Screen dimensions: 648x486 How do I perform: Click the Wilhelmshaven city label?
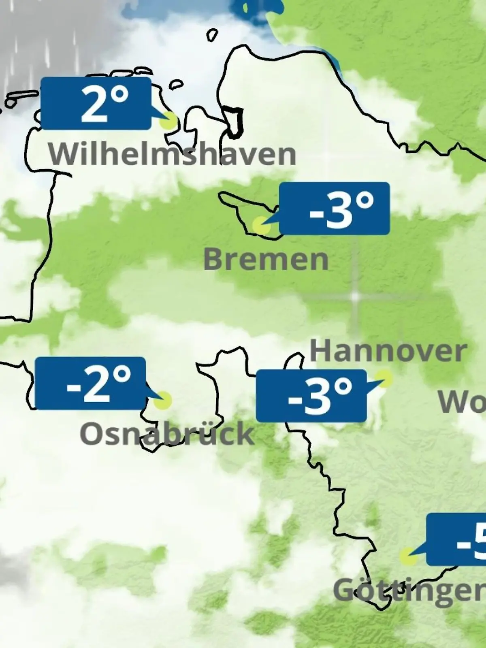[x=172, y=154]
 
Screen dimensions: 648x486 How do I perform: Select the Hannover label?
[x=388, y=351]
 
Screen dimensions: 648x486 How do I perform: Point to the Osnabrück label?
[x=167, y=434]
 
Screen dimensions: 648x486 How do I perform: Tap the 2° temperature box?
[x=96, y=103]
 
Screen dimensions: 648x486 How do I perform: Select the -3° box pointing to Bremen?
[x=335, y=208]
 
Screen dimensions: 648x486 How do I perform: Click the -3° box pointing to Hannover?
[x=311, y=396]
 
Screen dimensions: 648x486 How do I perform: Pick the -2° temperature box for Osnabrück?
[x=90, y=383]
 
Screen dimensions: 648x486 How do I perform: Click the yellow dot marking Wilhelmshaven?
[x=169, y=121]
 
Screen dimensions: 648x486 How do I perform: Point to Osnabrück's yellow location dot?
[x=163, y=401]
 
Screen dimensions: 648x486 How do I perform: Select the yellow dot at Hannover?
[x=385, y=379]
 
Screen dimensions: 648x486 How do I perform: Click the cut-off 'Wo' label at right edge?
[x=462, y=402]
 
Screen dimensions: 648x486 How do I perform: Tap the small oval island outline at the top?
[x=212, y=35]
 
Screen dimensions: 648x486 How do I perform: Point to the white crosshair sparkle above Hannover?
[x=355, y=296]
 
